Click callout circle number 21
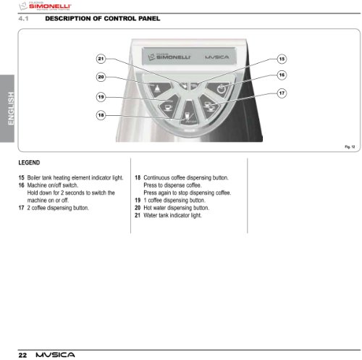click(101, 59)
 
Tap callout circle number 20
click(101, 77)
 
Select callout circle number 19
click(101, 97)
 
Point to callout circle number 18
click(101, 115)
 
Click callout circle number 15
click(282, 59)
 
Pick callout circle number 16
click(282, 75)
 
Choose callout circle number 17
click(282, 93)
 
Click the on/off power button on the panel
click(219, 89)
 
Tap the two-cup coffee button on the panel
click(209, 106)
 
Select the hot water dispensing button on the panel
click(159, 89)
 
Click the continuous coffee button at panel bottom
click(189, 113)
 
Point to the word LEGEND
click(29, 162)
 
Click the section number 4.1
click(23, 19)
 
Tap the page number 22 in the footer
click(22, 355)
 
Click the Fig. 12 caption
click(350, 147)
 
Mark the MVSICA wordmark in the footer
click(55, 355)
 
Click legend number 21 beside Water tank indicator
click(138, 215)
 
